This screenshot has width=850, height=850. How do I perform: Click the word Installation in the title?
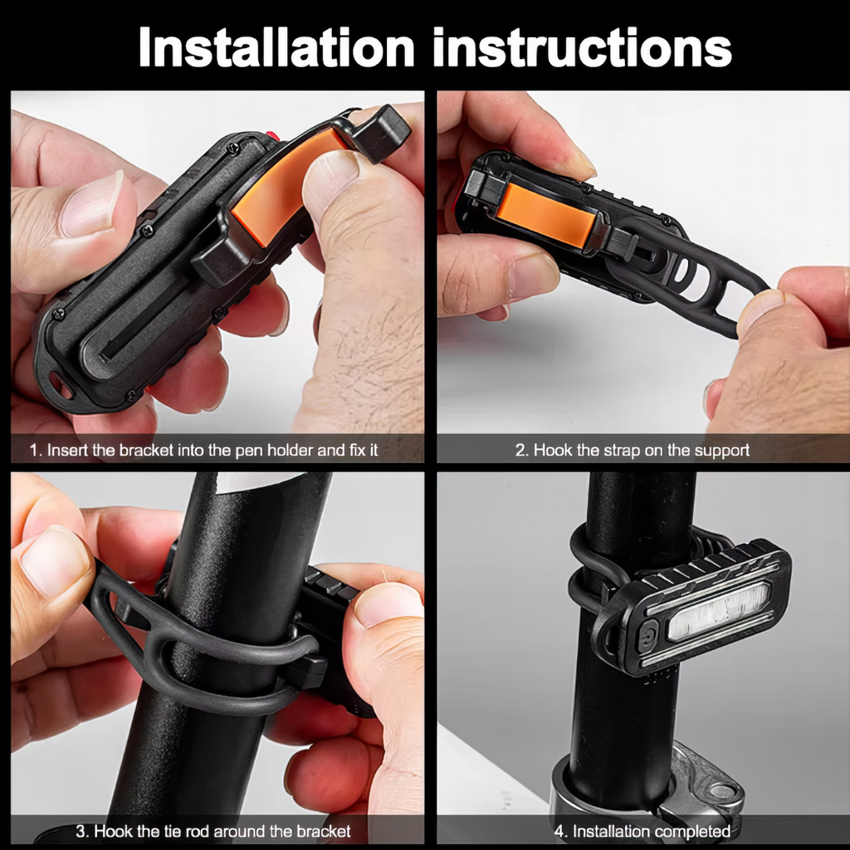click(x=276, y=47)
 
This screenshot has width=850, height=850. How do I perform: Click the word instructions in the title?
click(x=583, y=47)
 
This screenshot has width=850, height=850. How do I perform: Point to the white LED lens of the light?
click(x=719, y=611)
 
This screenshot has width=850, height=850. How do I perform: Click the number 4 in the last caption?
click(x=559, y=831)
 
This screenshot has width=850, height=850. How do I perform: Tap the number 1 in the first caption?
click(x=33, y=450)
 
